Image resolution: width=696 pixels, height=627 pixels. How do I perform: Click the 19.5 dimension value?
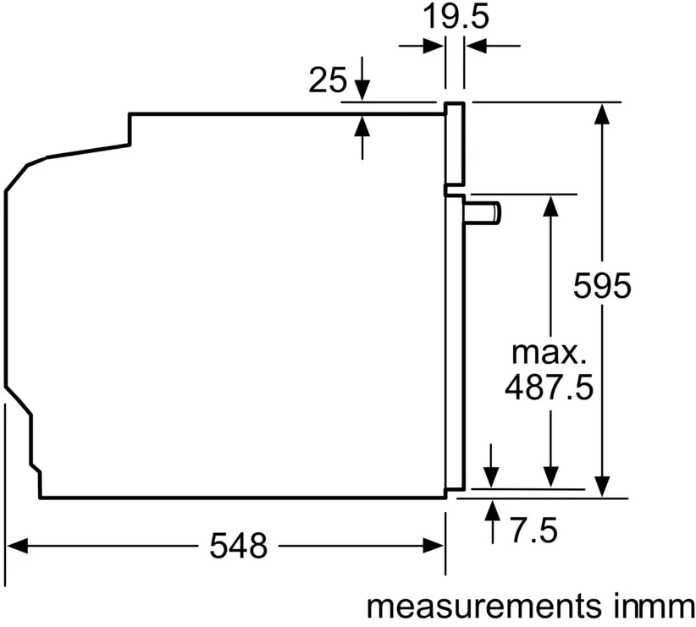click(x=456, y=17)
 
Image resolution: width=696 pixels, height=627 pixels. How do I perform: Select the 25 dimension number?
click(x=328, y=80)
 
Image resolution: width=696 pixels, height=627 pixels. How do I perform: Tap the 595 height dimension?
click(x=602, y=286)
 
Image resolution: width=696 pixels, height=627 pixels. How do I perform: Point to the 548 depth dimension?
click(x=239, y=546)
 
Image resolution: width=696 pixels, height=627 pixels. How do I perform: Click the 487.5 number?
click(x=549, y=388)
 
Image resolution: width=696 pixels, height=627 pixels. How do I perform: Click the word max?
click(x=546, y=353)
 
